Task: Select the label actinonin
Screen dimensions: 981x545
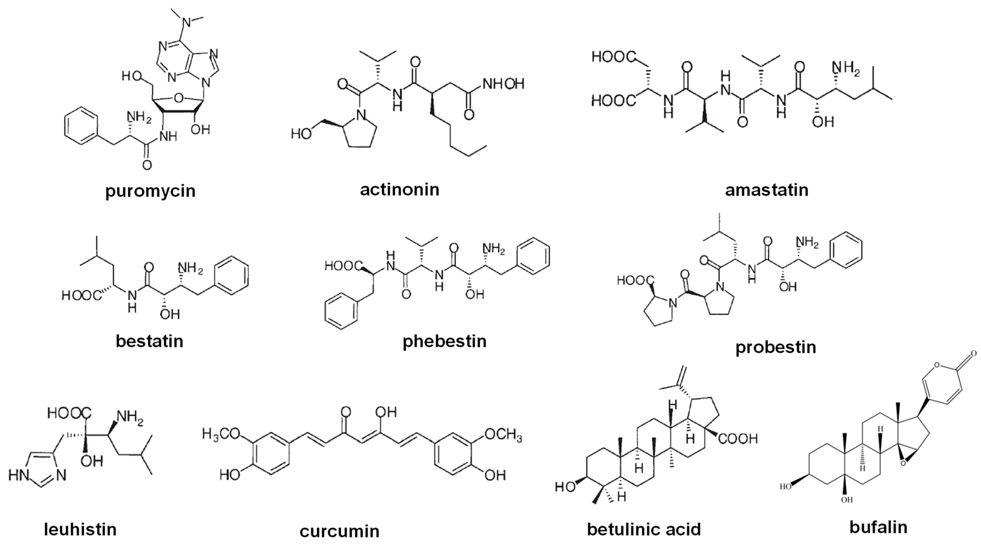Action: [400, 189]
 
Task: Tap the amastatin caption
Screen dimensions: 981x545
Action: [766, 190]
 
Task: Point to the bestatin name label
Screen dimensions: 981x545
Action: [149, 341]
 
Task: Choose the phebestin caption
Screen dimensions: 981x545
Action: [445, 341]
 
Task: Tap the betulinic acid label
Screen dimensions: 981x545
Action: [644, 529]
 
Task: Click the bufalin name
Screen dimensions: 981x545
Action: [878, 527]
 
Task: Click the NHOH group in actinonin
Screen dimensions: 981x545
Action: [504, 84]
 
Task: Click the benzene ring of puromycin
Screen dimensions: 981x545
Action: [81, 125]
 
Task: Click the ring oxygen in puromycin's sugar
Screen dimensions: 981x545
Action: [178, 99]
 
